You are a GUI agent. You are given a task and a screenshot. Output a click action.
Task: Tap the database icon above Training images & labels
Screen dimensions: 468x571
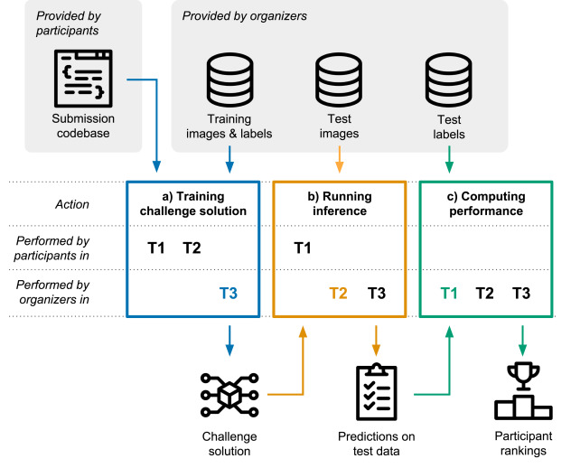click(x=230, y=79)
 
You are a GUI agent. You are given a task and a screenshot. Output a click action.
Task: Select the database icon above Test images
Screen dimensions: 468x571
click(x=340, y=79)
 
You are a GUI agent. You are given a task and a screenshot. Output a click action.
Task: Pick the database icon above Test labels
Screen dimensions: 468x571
click(x=449, y=79)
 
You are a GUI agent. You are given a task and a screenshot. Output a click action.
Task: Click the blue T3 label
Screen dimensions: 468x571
click(x=229, y=293)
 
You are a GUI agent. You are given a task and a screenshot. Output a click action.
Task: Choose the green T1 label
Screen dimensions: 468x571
click(x=449, y=293)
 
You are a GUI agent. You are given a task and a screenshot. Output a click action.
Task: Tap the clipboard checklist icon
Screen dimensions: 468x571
click(x=376, y=392)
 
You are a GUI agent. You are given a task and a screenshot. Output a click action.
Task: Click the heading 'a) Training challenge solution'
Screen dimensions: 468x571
click(x=193, y=203)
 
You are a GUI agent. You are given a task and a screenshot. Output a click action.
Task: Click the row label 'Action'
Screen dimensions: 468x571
click(x=71, y=204)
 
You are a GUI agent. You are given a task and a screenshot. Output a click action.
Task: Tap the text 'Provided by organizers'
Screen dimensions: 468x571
click(x=244, y=16)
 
